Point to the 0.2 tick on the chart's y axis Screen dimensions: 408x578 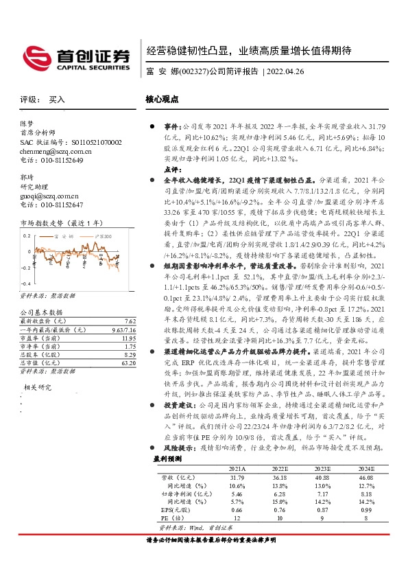click(x=25, y=234)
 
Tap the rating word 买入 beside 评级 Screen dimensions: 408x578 click(x=57, y=100)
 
